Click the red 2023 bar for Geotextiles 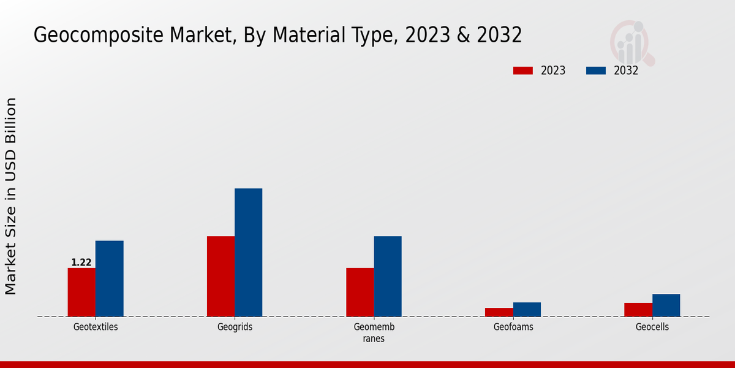[x=81, y=292]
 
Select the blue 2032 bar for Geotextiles [x=109, y=278]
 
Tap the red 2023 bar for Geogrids [x=221, y=276]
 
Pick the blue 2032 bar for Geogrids [x=248, y=252]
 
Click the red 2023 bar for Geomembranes [x=360, y=292]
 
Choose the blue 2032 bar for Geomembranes [x=388, y=276]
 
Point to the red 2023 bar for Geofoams [x=499, y=312]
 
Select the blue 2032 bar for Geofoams [x=527, y=309]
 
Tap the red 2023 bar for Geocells [x=638, y=310]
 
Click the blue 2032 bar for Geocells [x=666, y=305]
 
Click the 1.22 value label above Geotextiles [x=81, y=263]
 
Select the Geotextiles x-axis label [x=96, y=327]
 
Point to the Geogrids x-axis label [x=235, y=327]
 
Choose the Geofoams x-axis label [x=513, y=327]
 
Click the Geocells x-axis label [x=652, y=327]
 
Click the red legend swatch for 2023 [x=523, y=71]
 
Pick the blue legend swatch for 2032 [x=596, y=71]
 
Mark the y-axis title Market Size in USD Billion [x=12, y=196]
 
